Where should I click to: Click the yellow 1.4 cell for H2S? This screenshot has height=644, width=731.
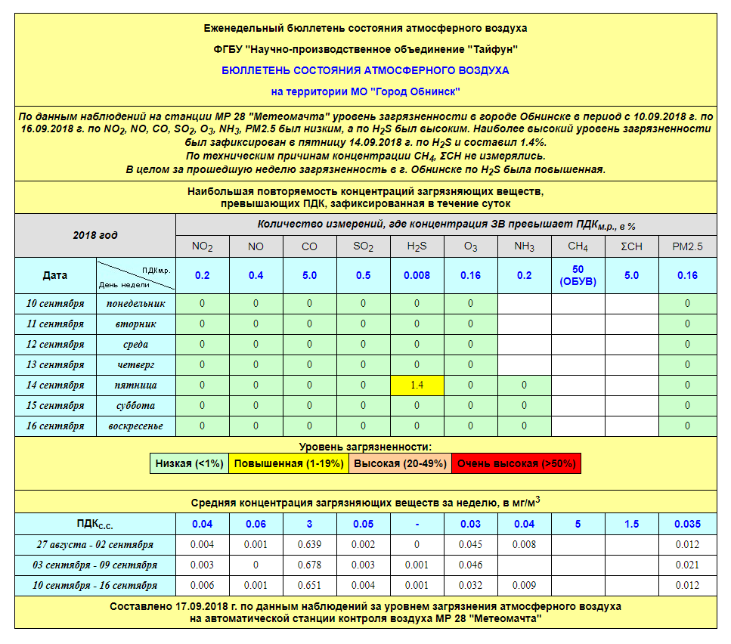pyautogui.click(x=417, y=385)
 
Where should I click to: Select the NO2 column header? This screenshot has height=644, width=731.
pyautogui.click(x=202, y=246)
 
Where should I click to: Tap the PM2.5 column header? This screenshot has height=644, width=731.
pyautogui.click(x=687, y=246)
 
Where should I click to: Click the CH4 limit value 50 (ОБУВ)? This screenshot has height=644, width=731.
pyautogui.click(x=578, y=276)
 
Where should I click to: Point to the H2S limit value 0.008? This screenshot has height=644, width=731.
pyautogui.click(x=417, y=276)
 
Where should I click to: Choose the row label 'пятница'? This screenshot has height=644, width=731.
pyautogui.click(x=131, y=385)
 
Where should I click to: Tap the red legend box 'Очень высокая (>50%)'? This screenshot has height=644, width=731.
pyautogui.click(x=516, y=463)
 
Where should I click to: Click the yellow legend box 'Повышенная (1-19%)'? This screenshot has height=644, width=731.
pyautogui.click(x=289, y=463)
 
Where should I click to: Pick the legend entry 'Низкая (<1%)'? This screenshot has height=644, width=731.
pyautogui.click(x=190, y=463)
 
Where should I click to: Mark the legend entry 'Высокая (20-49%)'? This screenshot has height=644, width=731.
pyautogui.click(x=400, y=463)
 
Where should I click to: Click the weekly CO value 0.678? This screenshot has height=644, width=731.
pyautogui.click(x=309, y=565)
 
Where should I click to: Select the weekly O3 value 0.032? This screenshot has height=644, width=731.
pyautogui.click(x=470, y=585)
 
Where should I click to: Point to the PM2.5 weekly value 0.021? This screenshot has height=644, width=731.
pyautogui.click(x=687, y=565)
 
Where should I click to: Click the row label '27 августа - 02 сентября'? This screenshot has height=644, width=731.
pyautogui.click(x=95, y=545)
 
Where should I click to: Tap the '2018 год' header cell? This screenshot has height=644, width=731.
pyautogui.click(x=95, y=235)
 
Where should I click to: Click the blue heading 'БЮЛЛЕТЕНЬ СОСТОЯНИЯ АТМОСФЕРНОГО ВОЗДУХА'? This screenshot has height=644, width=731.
pyautogui.click(x=365, y=70)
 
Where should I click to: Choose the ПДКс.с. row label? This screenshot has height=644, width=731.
pyautogui.click(x=95, y=524)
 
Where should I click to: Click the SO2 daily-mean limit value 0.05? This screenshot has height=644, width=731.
pyautogui.click(x=363, y=524)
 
